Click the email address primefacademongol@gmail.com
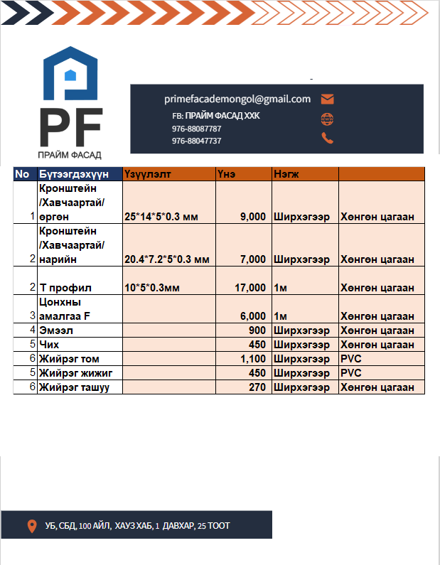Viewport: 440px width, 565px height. click(237, 99)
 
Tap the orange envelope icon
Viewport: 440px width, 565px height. click(328, 99)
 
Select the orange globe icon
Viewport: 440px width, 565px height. click(328, 119)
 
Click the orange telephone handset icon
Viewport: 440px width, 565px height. click(328, 138)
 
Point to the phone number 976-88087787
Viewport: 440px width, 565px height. click(196, 129)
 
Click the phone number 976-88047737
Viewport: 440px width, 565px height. click(196, 141)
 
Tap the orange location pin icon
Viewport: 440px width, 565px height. click(31, 526)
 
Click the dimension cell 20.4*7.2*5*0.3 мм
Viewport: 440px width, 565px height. click(167, 259)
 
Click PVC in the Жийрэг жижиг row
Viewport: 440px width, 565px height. click(351, 373)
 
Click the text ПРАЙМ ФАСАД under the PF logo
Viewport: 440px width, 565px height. click(70, 154)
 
